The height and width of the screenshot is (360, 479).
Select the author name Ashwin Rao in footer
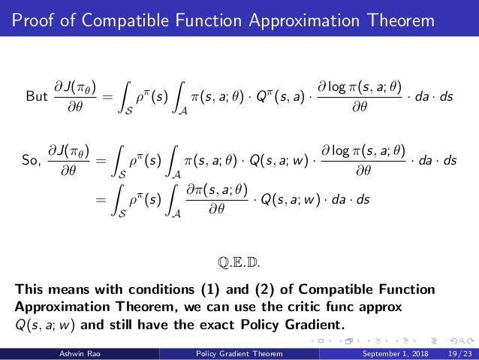[78, 354]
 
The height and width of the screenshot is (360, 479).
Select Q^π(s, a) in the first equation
[271, 96]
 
